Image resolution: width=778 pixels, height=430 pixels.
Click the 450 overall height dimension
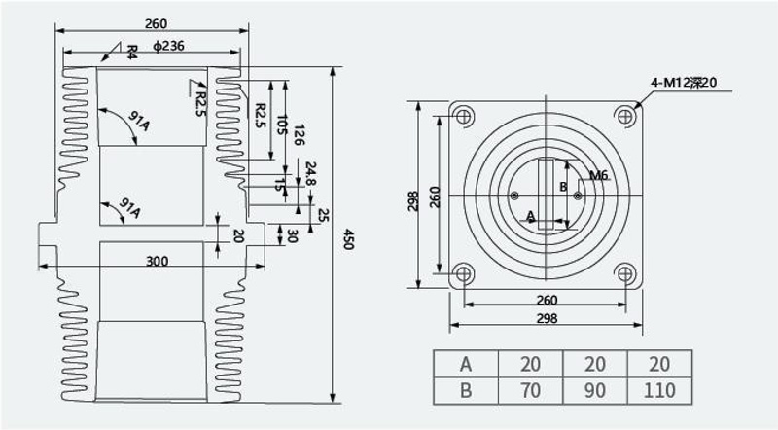click(348, 238)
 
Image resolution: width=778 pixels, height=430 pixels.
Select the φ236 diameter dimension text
click(168, 46)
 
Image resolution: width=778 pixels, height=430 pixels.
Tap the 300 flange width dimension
click(158, 261)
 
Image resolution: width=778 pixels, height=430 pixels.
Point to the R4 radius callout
click(132, 53)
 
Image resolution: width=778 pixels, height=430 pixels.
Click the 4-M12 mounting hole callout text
click(684, 83)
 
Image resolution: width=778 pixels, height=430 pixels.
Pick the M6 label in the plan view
click(598, 175)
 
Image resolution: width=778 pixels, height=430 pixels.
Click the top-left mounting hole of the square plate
click(464, 117)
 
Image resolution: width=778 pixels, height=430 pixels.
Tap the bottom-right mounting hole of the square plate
click(625, 273)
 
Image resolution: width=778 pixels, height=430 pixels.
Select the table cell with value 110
click(659, 390)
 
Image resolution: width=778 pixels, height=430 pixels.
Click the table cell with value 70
click(530, 390)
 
